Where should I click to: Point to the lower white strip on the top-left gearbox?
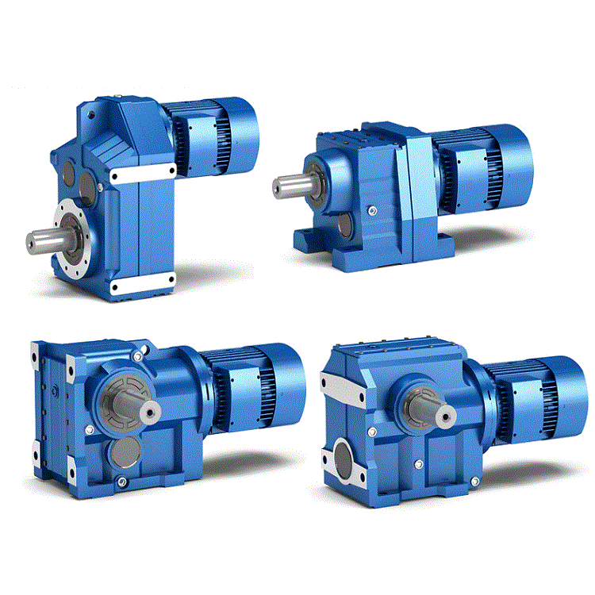click(142, 284)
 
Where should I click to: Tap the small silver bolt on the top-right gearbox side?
click(371, 209)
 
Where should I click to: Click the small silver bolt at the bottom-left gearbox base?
click(121, 482)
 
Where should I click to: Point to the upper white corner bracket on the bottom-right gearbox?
click(335, 389)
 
